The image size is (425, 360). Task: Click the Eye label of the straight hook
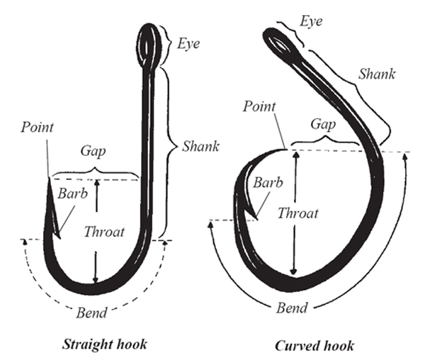(188, 44)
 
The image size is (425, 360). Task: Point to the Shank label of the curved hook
(377, 73)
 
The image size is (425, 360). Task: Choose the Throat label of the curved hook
(297, 213)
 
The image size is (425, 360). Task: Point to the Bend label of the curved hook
(293, 308)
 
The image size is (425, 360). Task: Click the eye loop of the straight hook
(149, 38)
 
